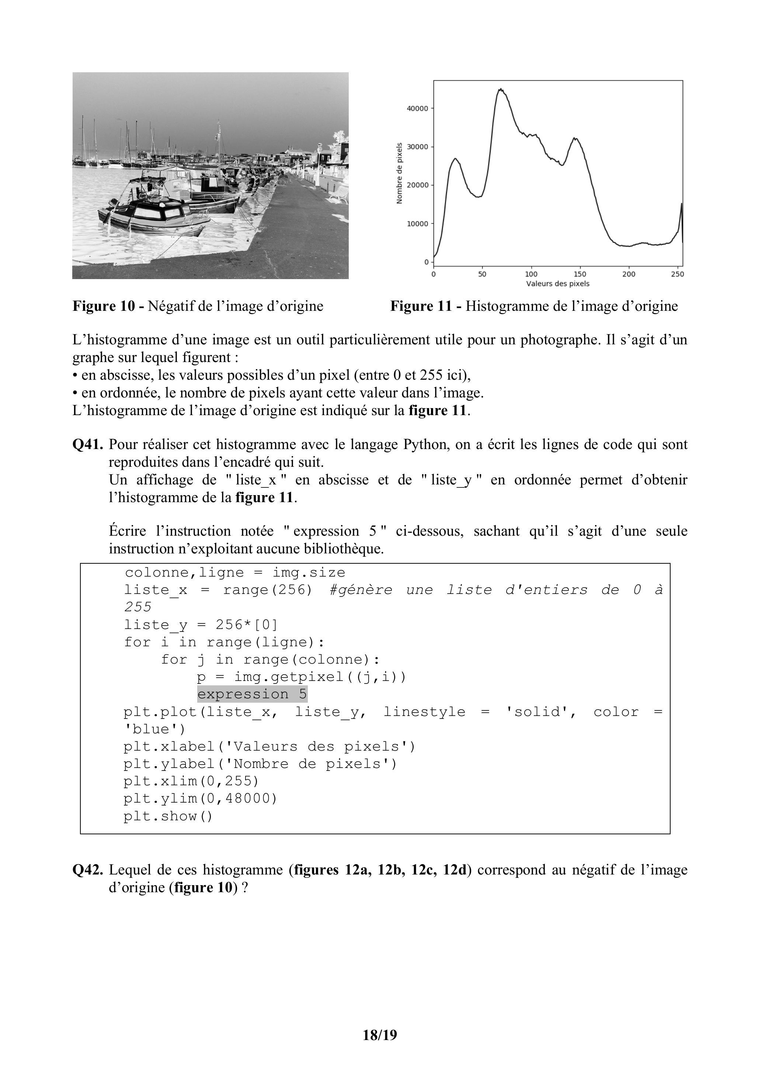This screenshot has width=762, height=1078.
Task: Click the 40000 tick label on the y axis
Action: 417,108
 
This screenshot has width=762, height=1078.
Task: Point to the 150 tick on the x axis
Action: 580,274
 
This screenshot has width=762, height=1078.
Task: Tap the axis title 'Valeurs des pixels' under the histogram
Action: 557,284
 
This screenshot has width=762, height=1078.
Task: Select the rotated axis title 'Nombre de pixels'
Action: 400,173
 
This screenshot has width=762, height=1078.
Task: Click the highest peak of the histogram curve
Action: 501,89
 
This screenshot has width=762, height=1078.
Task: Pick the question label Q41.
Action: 87,444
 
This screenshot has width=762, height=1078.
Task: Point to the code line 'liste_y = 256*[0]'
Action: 201,625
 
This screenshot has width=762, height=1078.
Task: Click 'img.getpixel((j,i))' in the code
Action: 320,677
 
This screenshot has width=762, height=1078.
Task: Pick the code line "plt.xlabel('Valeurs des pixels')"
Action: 269,747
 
